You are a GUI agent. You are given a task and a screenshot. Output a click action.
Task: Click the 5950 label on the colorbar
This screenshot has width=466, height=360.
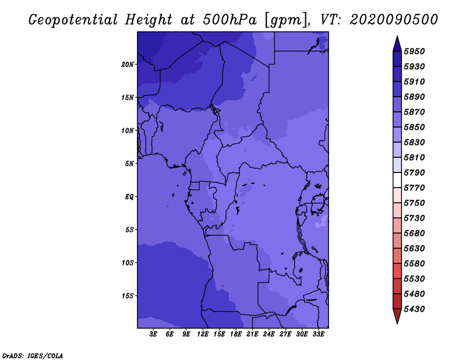pyautogui.click(x=414, y=51)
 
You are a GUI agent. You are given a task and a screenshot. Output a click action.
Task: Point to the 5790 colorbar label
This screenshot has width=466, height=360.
pyautogui.click(x=414, y=172)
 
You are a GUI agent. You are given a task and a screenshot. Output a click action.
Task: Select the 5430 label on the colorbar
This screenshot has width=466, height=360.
pyautogui.click(x=414, y=309)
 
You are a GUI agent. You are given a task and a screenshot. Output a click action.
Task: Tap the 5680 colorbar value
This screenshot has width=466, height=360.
pyautogui.click(x=414, y=234)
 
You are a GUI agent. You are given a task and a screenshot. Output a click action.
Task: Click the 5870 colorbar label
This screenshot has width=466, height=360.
pyautogui.click(x=414, y=112)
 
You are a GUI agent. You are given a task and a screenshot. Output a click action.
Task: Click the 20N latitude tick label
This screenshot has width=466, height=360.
pyautogui.click(x=128, y=65)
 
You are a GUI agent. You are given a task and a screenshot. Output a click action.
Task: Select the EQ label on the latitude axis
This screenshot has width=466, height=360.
pyautogui.click(x=129, y=197)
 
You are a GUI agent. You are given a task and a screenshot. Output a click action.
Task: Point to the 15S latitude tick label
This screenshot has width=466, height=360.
pyautogui.click(x=128, y=296)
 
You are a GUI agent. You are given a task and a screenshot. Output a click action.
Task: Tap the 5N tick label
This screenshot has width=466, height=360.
pyautogui.click(x=129, y=164)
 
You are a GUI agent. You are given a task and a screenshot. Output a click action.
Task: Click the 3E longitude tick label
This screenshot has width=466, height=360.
pyautogui.click(x=153, y=334)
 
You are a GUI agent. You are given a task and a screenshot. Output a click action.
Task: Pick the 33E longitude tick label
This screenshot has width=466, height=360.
pyautogui.click(x=318, y=334)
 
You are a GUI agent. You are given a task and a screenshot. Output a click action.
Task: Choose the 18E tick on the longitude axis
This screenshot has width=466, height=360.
pyautogui.click(x=236, y=334)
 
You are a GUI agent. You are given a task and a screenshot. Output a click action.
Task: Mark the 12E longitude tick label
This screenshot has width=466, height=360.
pyautogui.click(x=203, y=334)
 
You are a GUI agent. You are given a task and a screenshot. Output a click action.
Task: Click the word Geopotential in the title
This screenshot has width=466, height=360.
pyautogui.click(x=73, y=20)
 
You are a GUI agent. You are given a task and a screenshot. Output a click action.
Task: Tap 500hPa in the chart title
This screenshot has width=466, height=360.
pyautogui.click(x=230, y=20)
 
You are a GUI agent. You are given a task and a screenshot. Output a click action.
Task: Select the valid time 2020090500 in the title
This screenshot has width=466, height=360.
pyautogui.click(x=394, y=20)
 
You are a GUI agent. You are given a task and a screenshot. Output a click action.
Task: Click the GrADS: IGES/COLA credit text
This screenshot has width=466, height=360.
pyautogui.click(x=33, y=355)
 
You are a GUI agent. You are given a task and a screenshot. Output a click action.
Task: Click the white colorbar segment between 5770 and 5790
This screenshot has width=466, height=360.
pyautogui.click(x=397, y=180)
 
